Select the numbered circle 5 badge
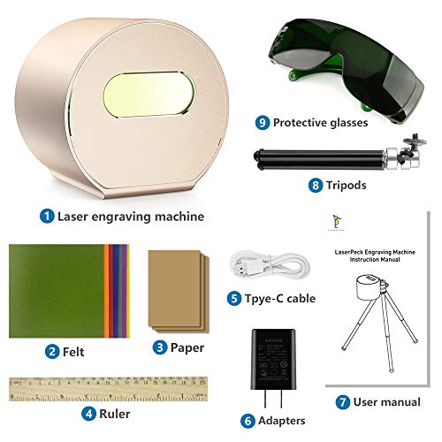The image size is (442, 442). tap(232, 298)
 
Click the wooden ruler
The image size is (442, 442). tap(106, 388)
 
